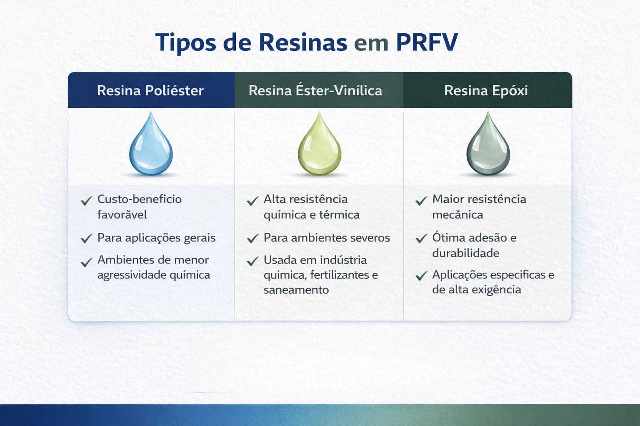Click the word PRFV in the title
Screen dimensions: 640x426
coord(427,42)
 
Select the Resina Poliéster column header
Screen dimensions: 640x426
coord(150,91)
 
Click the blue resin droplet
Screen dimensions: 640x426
coord(151,144)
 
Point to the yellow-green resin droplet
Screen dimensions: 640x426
coord(320,144)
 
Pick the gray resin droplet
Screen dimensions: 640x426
coord(488,144)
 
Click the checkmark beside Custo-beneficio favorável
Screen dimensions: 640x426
coord(86,201)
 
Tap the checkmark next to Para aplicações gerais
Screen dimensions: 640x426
coord(86,238)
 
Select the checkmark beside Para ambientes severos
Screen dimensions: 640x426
coord(252,238)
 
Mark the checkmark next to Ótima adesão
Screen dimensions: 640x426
coord(421,238)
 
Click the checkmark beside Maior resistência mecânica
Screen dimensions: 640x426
coord(421,201)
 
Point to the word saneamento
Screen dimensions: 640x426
coord(296,290)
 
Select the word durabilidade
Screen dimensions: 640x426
coord(466,253)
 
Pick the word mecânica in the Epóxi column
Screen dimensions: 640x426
coord(458,215)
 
